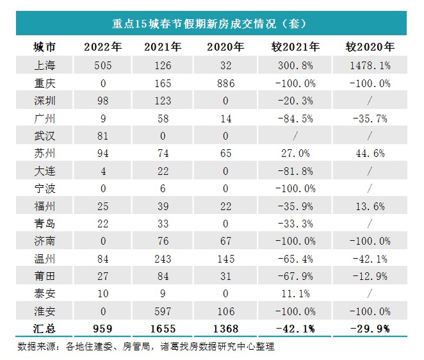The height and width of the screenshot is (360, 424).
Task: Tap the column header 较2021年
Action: click(297, 47)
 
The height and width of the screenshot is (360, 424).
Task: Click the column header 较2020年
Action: click(370, 47)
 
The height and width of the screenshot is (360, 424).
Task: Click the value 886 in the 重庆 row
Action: click(225, 83)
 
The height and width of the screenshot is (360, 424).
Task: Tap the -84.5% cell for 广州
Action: click(295, 118)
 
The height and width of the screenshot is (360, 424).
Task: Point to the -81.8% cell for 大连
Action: click(295, 171)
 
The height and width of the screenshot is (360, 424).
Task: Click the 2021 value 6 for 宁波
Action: click(163, 188)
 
